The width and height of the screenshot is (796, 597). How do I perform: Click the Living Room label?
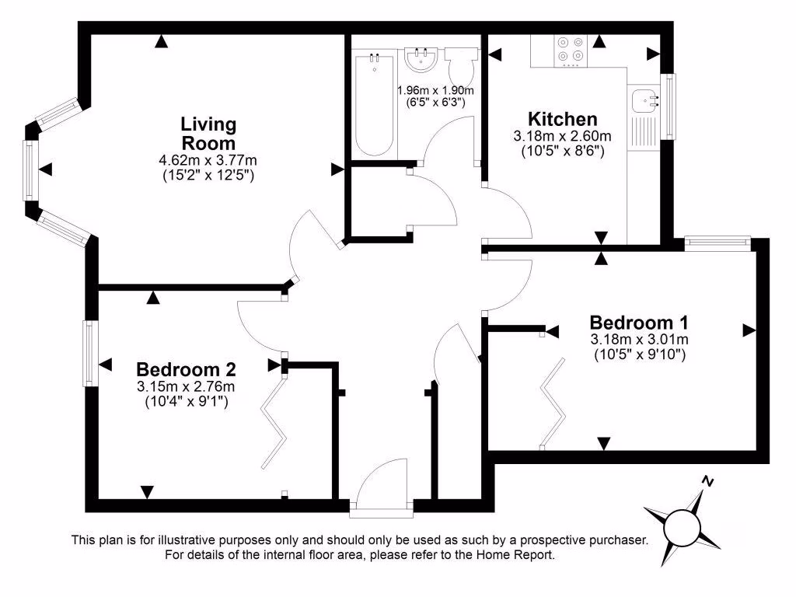click(x=208, y=134)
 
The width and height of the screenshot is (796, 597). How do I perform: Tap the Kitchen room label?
click(x=562, y=119)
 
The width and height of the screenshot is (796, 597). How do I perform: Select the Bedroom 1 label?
click(x=639, y=322)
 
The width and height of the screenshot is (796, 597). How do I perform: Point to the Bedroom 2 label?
click(x=186, y=368)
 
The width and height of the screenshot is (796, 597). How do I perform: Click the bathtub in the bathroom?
click(x=374, y=103)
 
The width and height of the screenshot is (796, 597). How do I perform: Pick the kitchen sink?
click(x=643, y=100)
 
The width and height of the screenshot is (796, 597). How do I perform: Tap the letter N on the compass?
click(x=707, y=480)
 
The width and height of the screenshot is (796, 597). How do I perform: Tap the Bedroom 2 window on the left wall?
click(x=90, y=353)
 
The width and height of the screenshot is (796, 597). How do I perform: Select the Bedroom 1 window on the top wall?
click(x=717, y=243)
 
